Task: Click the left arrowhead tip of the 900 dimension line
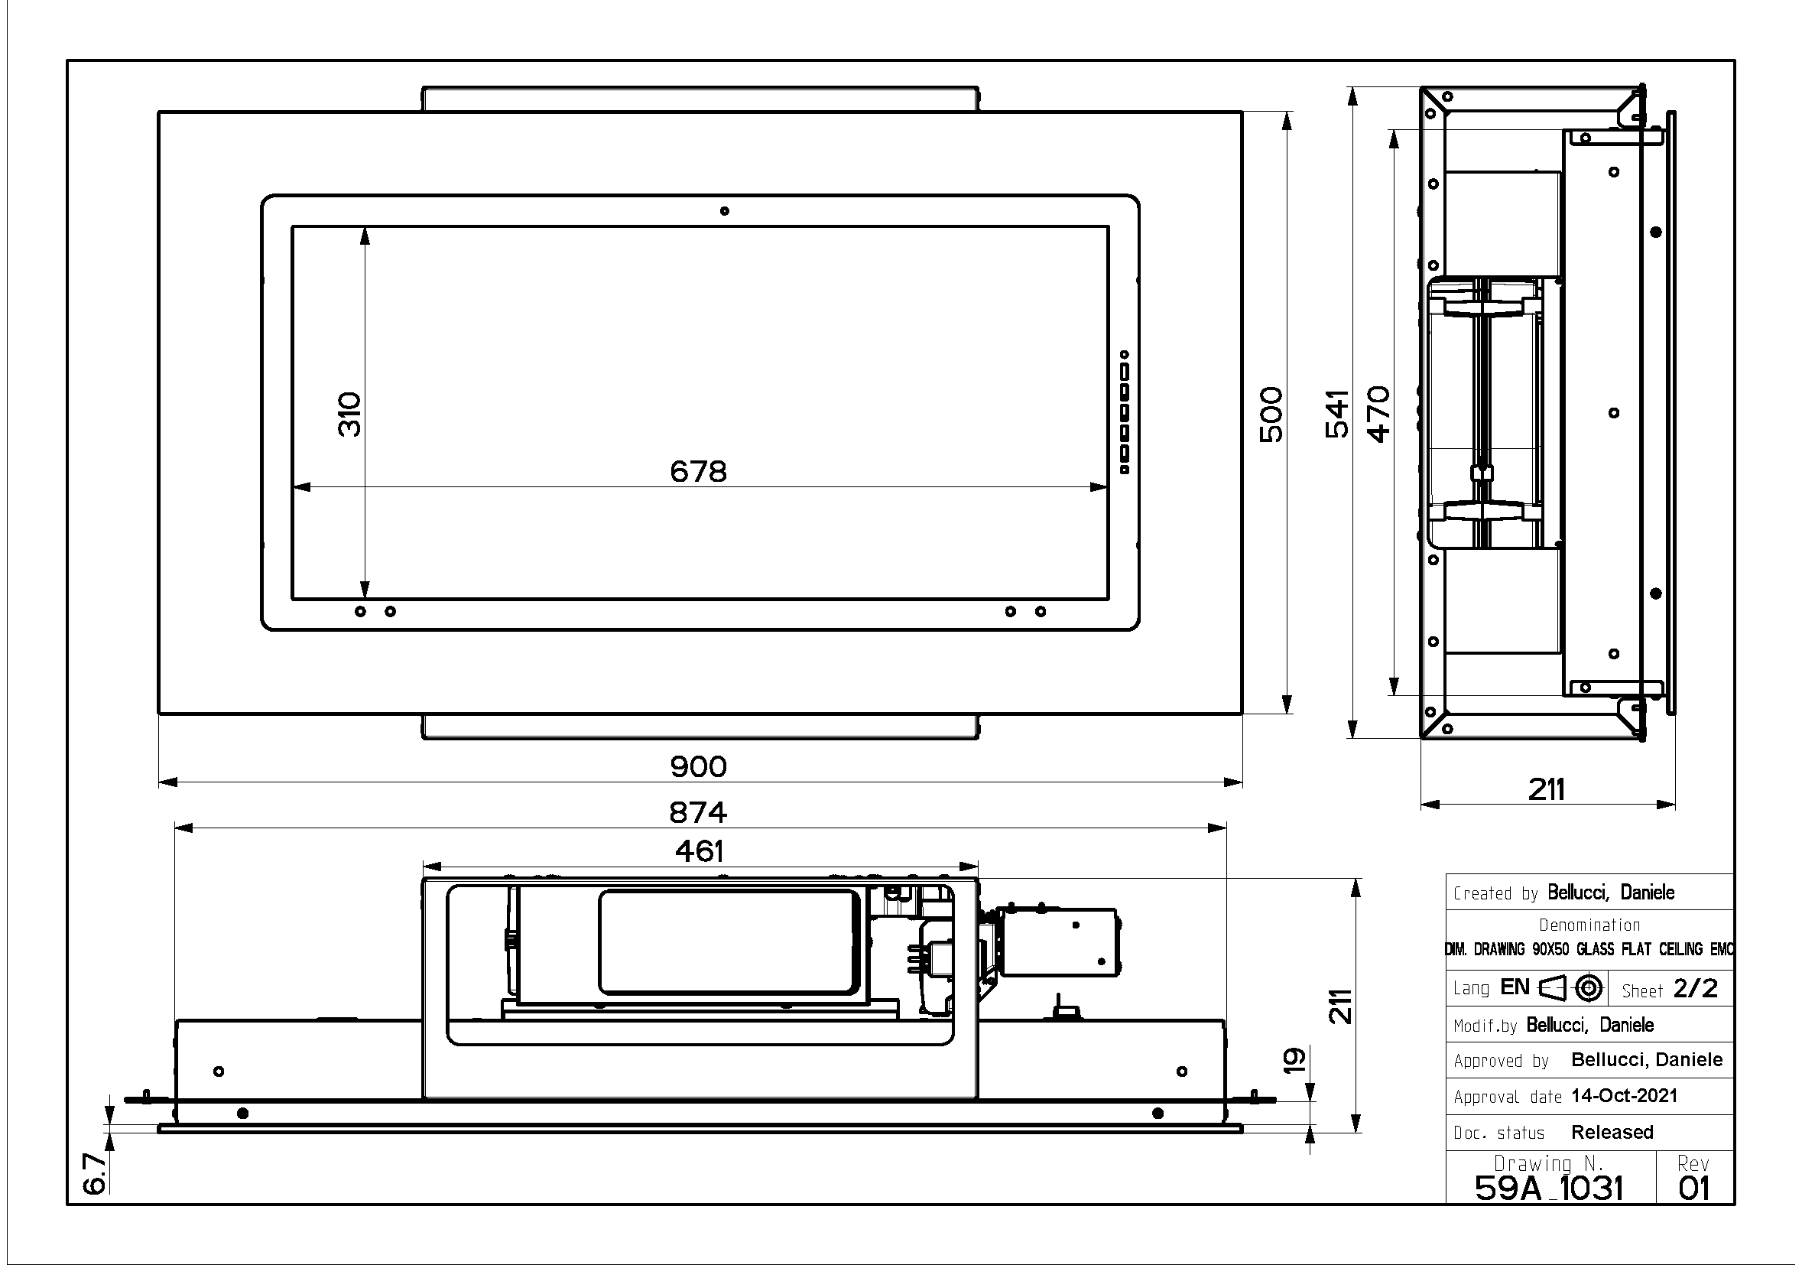pyautogui.click(x=159, y=782)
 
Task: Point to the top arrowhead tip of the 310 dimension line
pyautogui.click(x=365, y=227)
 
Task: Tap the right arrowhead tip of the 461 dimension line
pyautogui.click(x=978, y=867)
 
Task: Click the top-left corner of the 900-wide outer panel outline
pyautogui.click(x=158, y=112)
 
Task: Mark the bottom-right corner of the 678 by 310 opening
pyautogui.click(x=1109, y=599)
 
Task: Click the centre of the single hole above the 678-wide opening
pyautogui.click(x=725, y=210)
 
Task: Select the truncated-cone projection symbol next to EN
pyautogui.click(x=1552, y=988)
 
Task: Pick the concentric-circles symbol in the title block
pyautogui.click(x=1589, y=988)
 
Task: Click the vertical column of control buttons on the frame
pyautogui.click(x=1124, y=412)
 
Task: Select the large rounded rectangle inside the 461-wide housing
pyautogui.click(x=729, y=941)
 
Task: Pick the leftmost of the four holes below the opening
pyautogui.click(x=360, y=611)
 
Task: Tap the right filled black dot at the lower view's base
pyautogui.click(x=1157, y=1113)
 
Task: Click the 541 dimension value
pyautogui.click(x=1336, y=414)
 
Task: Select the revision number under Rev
pyautogui.click(x=1693, y=1189)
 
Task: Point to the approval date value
pyautogui.click(x=1624, y=1095)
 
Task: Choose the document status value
pyautogui.click(x=1612, y=1132)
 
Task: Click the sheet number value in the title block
pyautogui.click(x=1695, y=988)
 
